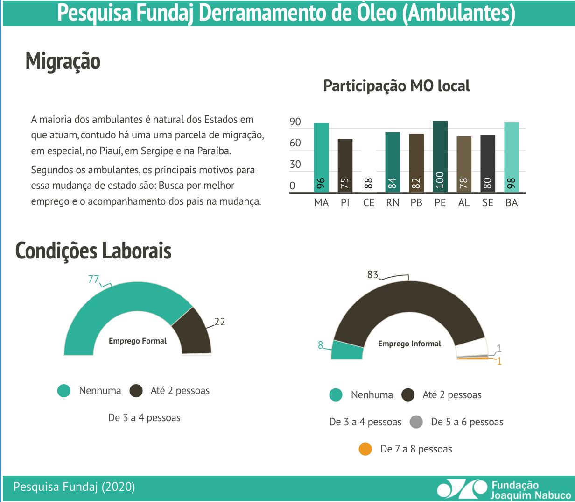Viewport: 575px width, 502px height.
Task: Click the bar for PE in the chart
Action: tap(440, 157)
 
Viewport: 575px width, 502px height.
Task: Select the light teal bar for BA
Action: tap(512, 157)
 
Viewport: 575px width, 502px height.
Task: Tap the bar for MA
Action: tap(321, 158)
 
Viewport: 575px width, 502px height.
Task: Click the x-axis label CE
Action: tap(369, 203)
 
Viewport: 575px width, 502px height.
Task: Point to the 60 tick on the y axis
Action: tap(295, 143)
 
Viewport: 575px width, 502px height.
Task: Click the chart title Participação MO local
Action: tap(396, 86)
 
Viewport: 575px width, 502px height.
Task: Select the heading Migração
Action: tap(63, 61)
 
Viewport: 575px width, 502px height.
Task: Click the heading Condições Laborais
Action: tap(93, 251)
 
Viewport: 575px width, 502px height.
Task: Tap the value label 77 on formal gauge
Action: tap(93, 279)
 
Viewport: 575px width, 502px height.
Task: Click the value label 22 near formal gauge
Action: tap(219, 322)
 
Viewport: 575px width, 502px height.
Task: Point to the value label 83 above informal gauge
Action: tap(372, 274)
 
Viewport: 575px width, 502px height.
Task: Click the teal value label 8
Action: tap(321, 345)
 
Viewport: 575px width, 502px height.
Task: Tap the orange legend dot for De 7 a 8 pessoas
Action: tap(365, 449)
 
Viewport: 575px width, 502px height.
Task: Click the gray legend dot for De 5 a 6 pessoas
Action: tap(416, 422)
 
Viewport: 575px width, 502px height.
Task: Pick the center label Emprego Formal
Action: tap(138, 341)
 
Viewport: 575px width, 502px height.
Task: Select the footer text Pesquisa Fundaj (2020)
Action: tap(74, 487)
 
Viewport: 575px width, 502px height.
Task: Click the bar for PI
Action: tap(345, 165)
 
